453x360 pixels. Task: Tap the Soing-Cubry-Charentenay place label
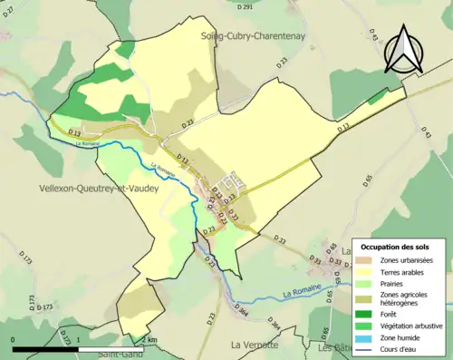click(x=254, y=35)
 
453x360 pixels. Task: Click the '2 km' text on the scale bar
click(x=150, y=339)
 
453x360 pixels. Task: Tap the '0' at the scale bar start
click(x=14, y=339)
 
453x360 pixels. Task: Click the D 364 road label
click(x=244, y=310)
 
